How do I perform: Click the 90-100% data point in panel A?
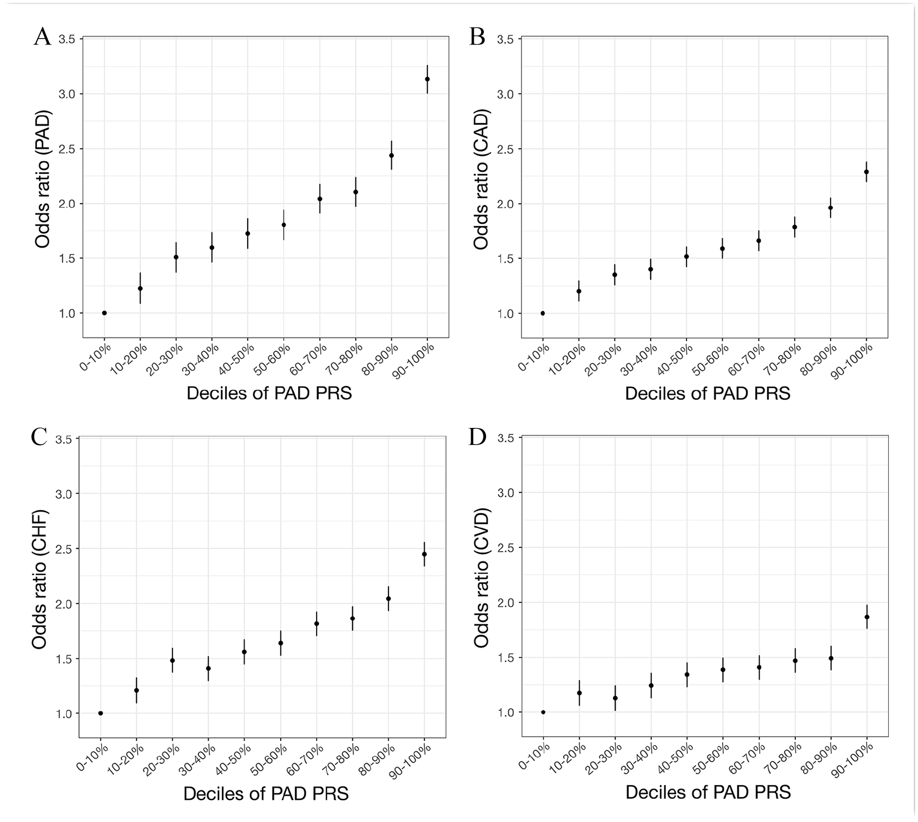(427, 79)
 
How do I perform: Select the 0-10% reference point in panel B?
(543, 313)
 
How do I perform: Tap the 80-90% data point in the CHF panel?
(389, 599)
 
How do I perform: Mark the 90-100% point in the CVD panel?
(867, 617)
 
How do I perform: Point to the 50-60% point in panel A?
(284, 225)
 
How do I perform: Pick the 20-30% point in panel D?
(615, 698)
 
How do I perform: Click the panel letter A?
(42, 37)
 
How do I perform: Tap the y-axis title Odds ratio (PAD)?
(42, 179)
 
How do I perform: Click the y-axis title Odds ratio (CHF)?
(39, 579)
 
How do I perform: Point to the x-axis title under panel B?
(707, 393)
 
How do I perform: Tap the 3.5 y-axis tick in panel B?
(506, 39)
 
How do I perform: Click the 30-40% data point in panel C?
(208, 669)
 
